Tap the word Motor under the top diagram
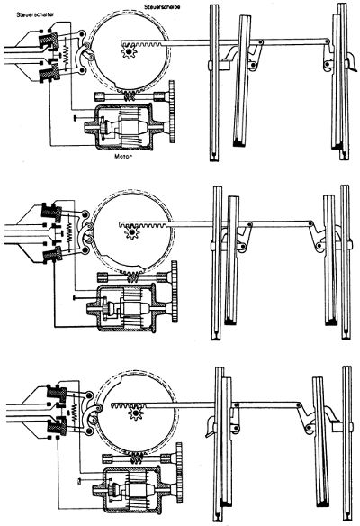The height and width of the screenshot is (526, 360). [123, 156]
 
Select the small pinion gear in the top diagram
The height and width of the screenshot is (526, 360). [129, 52]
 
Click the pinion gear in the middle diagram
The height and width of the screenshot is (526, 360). [131, 232]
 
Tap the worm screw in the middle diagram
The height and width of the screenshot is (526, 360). [134, 277]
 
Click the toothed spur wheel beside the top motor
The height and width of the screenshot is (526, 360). [172, 112]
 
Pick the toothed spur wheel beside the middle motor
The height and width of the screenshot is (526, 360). [175, 292]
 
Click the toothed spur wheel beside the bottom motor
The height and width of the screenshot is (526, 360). [179, 473]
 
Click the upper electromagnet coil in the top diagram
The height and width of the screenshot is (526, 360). [49, 41]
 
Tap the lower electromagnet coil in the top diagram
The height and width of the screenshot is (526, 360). [49, 75]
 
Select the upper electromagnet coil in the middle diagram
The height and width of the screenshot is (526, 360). [51, 212]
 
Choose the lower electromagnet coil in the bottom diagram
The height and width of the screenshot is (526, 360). [57, 426]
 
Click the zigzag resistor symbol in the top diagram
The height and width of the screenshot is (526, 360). [66, 53]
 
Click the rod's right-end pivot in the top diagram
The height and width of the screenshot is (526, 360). [327, 41]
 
